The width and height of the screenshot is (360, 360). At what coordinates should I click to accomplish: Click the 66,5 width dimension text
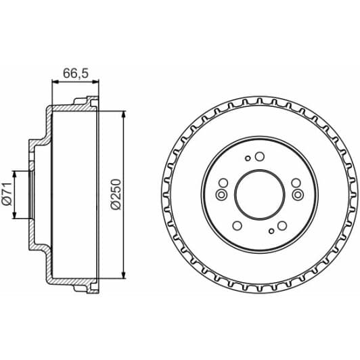point(74,72)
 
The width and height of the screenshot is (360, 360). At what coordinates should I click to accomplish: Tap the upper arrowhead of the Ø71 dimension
point(16,173)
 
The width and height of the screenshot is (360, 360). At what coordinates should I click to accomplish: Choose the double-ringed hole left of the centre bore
point(221,196)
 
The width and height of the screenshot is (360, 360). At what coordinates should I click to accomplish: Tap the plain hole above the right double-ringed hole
point(294,181)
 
